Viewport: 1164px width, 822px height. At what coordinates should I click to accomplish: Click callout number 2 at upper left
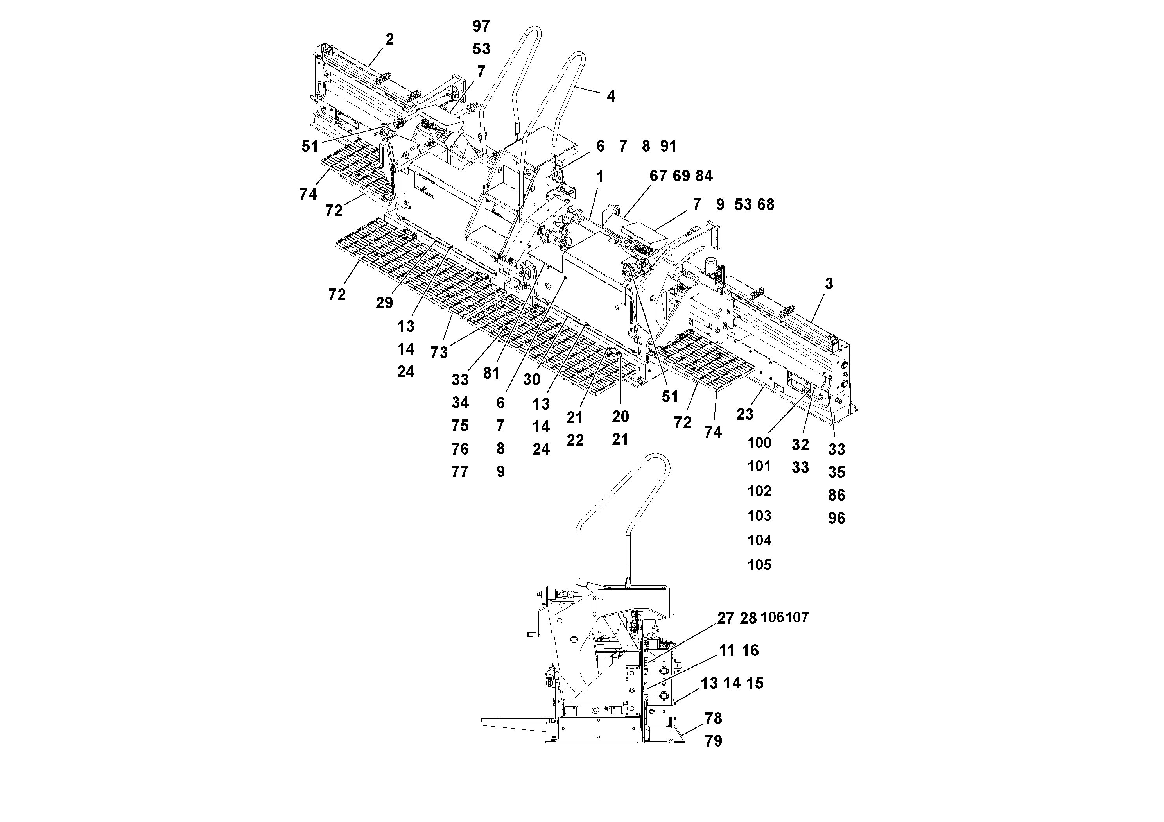point(389,39)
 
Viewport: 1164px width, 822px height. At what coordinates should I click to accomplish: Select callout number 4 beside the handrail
point(611,96)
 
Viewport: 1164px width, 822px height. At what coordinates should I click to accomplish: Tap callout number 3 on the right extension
point(829,284)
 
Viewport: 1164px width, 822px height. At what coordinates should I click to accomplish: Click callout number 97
point(481,26)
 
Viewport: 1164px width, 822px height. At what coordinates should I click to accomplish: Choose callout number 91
point(669,147)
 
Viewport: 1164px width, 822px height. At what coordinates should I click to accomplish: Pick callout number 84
point(704,176)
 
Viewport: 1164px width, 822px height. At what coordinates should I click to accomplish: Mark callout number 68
point(766,204)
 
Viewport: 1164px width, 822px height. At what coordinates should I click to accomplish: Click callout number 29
point(384,303)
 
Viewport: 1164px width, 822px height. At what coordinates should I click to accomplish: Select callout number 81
point(491,374)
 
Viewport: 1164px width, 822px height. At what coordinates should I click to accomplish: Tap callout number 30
point(531,380)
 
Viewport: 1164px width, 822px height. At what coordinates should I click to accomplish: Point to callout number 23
point(744,415)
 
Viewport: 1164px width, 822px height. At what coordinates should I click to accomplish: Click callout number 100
point(759,442)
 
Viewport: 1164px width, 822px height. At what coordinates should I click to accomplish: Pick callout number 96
point(836,518)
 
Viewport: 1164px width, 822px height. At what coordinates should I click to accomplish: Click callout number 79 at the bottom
point(713,741)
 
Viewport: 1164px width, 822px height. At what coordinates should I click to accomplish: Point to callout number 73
point(439,352)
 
